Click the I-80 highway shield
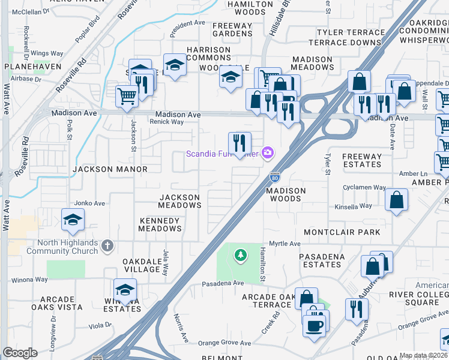[x=274, y=177]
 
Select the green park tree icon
[x=240, y=256]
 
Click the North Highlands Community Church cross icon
[x=107, y=245]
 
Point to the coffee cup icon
[x=315, y=326]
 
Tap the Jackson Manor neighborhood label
[x=110, y=169]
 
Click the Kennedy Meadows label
[x=160, y=224]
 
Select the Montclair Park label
[x=342, y=232]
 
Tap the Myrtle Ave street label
[x=285, y=244]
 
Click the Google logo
[x=20, y=353]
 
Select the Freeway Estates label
[x=361, y=160]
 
